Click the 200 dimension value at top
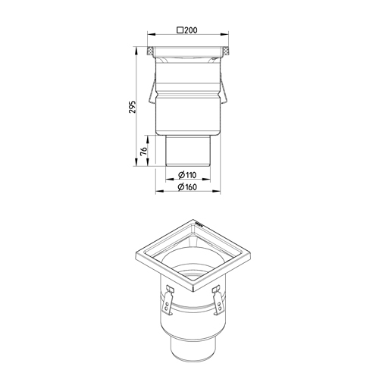190,30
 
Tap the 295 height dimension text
133,107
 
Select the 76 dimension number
143,151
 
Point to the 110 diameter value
191,175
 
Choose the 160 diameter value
190,187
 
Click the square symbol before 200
180,30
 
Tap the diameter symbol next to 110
181,175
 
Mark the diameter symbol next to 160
180,187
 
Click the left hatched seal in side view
150,52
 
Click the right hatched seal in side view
225,52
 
